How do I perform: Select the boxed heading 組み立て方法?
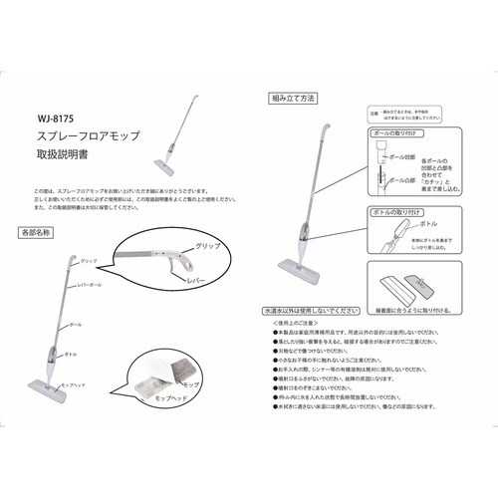[294, 100]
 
